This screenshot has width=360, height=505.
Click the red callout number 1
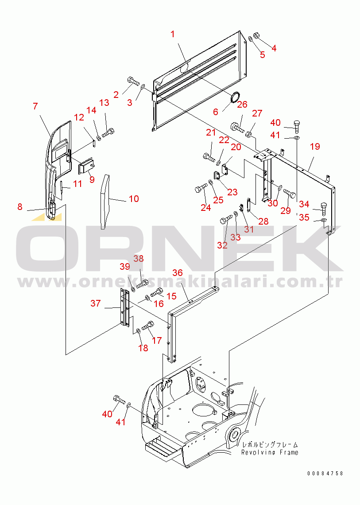point(173,34)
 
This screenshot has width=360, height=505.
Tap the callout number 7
point(35,106)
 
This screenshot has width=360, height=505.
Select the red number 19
point(315,147)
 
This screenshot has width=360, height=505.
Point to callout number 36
point(178,273)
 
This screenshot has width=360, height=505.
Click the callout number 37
point(96,303)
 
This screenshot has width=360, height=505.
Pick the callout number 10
point(134,199)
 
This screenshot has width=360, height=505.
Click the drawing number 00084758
point(325,473)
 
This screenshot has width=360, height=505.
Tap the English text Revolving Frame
point(270,452)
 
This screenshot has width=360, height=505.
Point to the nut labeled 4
point(257,35)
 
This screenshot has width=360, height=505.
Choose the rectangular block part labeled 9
point(87,167)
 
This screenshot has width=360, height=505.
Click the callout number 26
point(242,105)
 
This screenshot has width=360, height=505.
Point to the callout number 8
point(20,206)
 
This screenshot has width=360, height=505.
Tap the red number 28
point(263,221)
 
